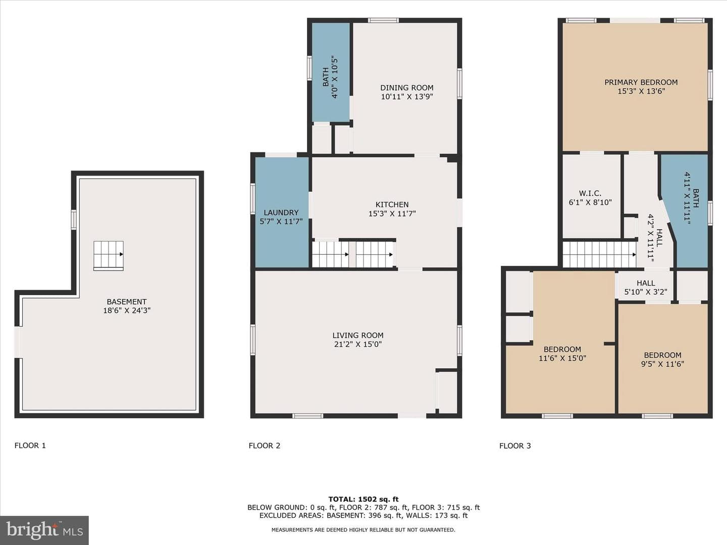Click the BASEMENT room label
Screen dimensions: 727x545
127,302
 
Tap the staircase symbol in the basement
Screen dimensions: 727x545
109,255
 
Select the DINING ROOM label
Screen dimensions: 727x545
407,88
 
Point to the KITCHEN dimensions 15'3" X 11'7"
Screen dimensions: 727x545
392,213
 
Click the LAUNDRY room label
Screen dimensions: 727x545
281,212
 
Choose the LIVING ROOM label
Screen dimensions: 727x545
358,335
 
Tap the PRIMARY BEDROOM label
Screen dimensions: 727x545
641,82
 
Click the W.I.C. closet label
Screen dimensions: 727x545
590,193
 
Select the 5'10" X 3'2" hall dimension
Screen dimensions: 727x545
646,292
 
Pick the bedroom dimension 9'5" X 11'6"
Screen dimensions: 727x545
662,364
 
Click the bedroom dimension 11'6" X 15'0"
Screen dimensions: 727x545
562,358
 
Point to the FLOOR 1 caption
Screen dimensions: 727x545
30,446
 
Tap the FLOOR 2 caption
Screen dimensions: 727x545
265,446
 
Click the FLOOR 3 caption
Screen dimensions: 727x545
515,446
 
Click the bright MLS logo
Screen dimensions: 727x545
44,530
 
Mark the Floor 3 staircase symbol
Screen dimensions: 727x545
599,254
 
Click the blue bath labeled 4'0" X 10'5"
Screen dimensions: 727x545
331,72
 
